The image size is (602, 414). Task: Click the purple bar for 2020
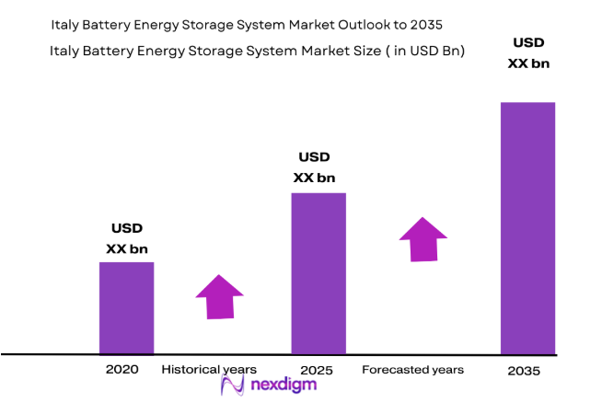[x=126, y=307]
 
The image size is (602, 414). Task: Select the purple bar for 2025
[x=318, y=273]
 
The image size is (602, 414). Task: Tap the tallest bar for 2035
[x=527, y=227]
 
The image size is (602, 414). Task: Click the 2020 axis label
[x=122, y=369]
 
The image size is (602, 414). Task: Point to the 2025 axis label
[x=317, y=370]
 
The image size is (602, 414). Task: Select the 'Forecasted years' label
[x=412, y=369]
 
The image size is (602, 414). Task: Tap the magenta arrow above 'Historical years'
[x=219, y=297]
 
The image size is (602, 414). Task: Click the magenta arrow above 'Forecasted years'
[x=423, y=239]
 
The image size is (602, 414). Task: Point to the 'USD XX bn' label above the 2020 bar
[x=127, y=238]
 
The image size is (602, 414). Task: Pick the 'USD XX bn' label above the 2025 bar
[x=314, y=167]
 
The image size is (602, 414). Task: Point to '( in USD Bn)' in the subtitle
[x=419, y=52]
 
